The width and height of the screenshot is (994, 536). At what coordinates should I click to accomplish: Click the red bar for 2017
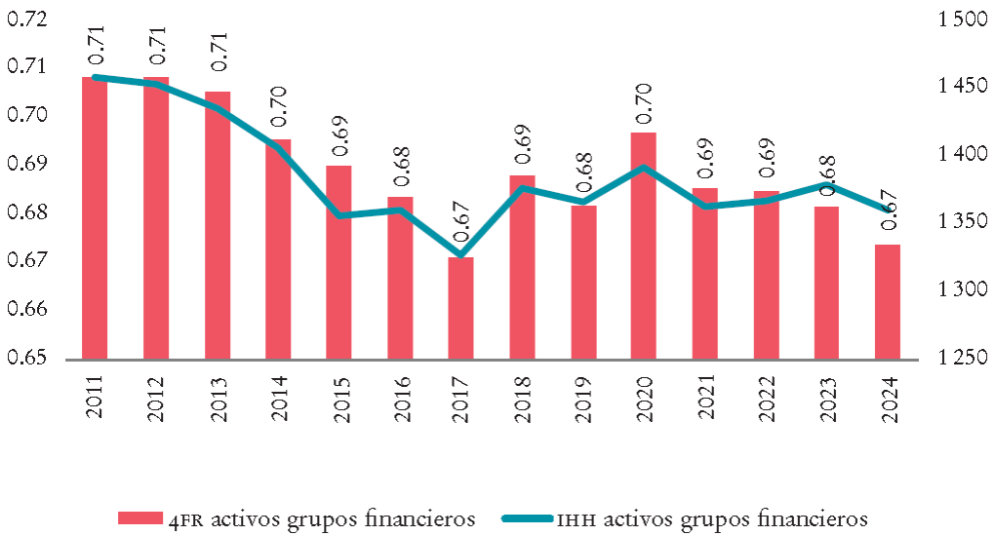pyautogui.click(x=460, y=308)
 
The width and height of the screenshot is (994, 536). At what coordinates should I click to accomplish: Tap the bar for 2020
pyautogui.click(x=644, y=246)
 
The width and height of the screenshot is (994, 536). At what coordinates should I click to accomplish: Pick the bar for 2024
pyautogui.click(x=888, y=301)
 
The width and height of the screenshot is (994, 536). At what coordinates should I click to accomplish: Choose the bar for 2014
pyautogui.click(x=278, y=249)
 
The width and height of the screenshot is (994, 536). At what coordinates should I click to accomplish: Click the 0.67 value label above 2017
pyautogui.click(x=461, y=229)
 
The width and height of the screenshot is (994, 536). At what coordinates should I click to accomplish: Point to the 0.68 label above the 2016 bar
pyautogui.click(x=400, y=168)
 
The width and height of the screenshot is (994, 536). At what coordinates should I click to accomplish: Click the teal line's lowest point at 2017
pyautogui.click(x=460, y=255)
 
